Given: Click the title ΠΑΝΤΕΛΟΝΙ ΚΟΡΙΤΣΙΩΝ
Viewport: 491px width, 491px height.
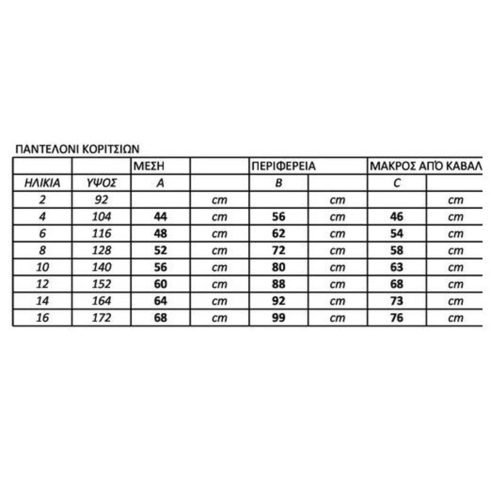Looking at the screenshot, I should [x=77, y=149].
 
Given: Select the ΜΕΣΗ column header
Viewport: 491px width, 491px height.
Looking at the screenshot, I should [x=149, y=166].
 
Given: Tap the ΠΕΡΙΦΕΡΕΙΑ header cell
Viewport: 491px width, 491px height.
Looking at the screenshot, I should [x=283, y=166].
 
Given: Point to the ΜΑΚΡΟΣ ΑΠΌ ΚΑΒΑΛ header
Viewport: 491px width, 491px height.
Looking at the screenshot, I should [x=426, y=166].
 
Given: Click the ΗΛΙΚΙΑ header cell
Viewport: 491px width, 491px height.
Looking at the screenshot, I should [x=42, y=183].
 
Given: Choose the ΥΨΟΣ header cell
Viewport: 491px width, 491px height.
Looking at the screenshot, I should [x=101, y=183].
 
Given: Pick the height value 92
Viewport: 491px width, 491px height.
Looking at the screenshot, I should [x=101, y=200].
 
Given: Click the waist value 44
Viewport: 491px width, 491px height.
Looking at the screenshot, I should [x=160, y=217].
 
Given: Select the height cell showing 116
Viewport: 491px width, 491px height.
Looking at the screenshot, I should [x=101, y=233].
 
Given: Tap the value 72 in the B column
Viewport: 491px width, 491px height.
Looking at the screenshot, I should [x=279, y=250].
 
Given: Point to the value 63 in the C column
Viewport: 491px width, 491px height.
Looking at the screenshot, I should [x=397, y=267].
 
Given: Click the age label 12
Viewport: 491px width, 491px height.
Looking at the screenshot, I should [x=42, y=284].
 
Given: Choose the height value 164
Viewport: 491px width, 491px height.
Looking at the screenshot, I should [x=101, y=301].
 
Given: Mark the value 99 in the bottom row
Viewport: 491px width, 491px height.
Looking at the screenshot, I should [x=279, y=318].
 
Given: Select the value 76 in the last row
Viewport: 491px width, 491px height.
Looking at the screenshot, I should [x=397, y=318].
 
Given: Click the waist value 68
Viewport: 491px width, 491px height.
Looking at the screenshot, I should [x=160, y=318].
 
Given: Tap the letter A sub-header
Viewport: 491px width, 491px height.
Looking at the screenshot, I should [x=160, y=183].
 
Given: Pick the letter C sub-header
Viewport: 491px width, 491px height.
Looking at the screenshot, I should [x=397, y=183].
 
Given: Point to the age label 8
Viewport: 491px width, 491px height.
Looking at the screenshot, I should [x=42, y=250].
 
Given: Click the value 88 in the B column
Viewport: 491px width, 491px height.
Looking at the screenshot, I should [x=279, y=284].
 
